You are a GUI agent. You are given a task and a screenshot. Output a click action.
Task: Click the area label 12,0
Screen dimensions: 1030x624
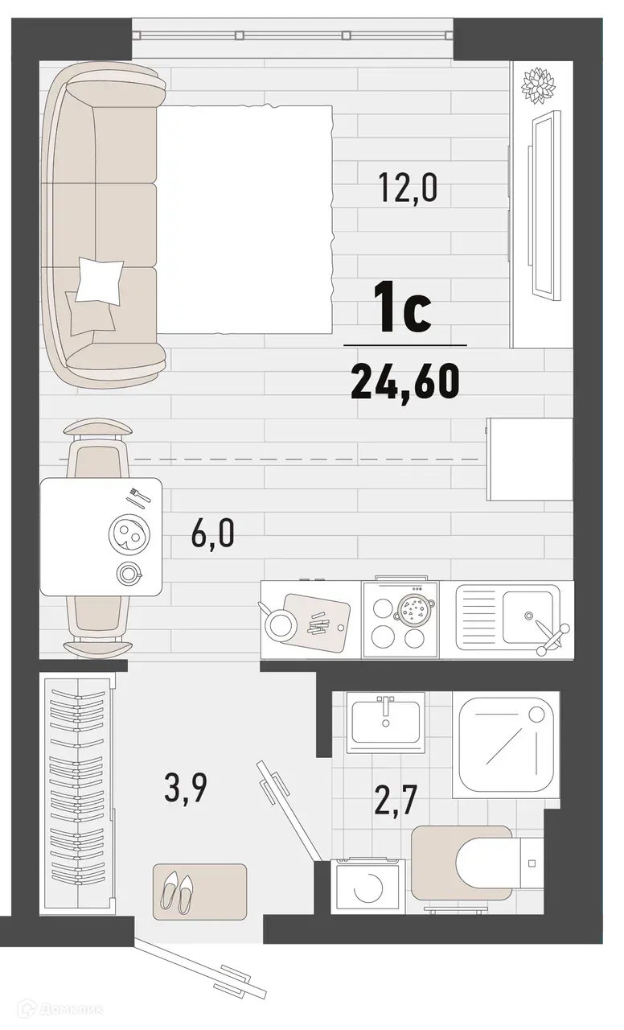click(408, 188)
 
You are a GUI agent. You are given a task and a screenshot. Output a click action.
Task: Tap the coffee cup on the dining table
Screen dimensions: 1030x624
click(128, 573)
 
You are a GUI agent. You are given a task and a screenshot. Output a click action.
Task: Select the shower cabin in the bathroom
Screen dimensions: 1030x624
click(504, 745)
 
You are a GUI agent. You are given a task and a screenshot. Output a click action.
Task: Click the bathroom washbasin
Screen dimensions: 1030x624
click(386, 718)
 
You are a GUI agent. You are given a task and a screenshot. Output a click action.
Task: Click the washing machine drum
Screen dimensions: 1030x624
click(367, 887)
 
